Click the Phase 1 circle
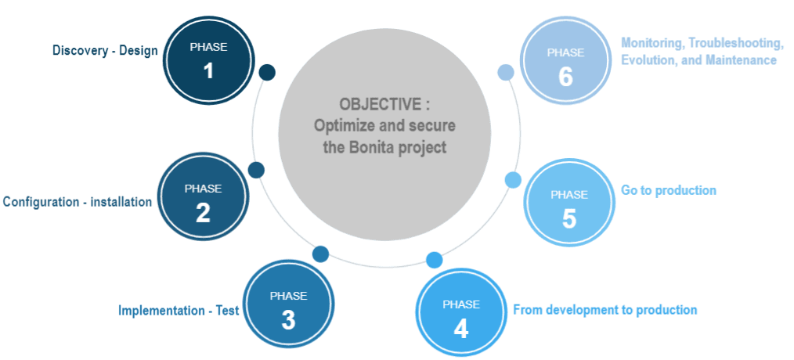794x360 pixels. (x=208, y=60)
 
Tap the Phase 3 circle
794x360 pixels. (x=288, y=306)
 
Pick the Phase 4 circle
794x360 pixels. (x=460, y=314)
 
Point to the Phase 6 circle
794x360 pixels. (x=565, y=62)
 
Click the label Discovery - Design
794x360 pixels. (x=105, y=51)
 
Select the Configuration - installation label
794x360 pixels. (x=78, y=202)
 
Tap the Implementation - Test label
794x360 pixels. (x=179, y=311)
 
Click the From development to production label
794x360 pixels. (x=605, y=310)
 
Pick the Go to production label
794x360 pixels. (x=669, y=190)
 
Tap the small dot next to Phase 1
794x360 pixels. (x=267, y=73)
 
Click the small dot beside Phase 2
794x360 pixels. (x=256, y=170)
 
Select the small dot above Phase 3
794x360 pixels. (x=320, y=254)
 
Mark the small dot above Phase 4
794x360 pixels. (x=434, y=260)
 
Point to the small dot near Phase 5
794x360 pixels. (x=513, y=180)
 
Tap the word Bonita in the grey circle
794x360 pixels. (x=378, y=147)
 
